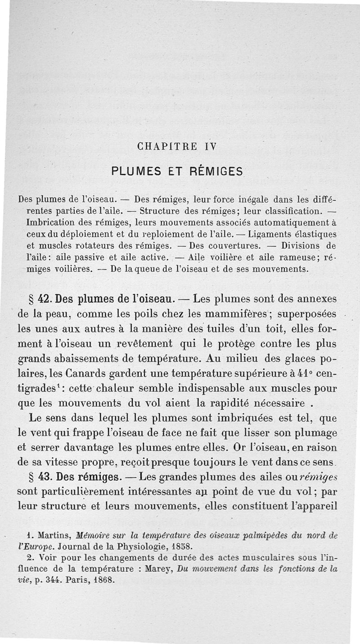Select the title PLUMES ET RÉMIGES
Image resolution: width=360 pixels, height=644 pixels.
pos(177,171)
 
